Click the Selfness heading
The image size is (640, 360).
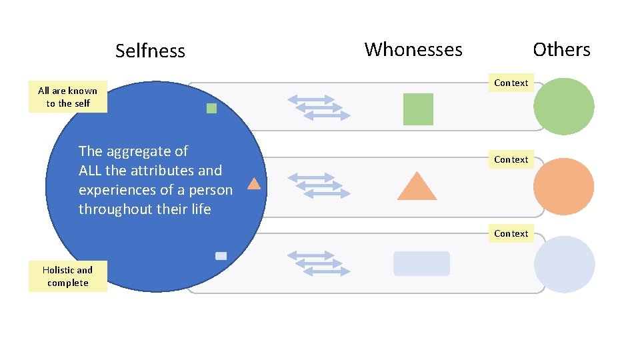point(150,51)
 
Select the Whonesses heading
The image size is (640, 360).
point(413,49)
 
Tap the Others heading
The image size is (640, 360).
point(561,49)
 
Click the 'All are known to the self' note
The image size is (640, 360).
point(68,97)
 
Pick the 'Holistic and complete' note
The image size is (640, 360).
point(68,276)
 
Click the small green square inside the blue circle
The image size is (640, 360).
point(211,108)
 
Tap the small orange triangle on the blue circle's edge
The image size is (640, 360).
point(254,184)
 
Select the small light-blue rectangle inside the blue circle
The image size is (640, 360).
point(221,256)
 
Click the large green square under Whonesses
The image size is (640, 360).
point(418,109)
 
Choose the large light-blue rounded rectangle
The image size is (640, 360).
point(421,263)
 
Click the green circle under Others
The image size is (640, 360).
point(564,107)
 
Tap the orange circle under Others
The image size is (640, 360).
point(564,186)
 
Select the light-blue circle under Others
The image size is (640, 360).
point(564,264)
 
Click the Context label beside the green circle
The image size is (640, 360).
point(511,83)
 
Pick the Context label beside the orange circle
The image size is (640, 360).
point(511,159)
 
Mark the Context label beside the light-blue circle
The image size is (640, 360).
point(511,233)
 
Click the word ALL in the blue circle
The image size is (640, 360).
point(90,171)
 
